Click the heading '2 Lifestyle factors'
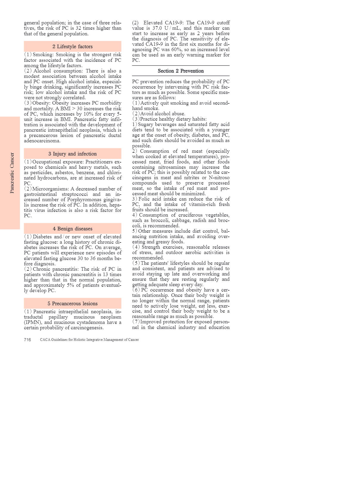[x=73, y=47]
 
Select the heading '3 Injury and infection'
[x=73, y=154]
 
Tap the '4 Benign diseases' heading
[x=73, y=229]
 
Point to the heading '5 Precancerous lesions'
[x=73, y=304]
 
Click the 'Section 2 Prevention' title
[x=181, y=71]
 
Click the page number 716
[x=27, y=340]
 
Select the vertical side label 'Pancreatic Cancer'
[x=12, y=173]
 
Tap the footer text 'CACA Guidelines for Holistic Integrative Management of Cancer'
[x=89, y=340]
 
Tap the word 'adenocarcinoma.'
[x=42, y=141]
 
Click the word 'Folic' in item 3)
[x=144, y=199]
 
